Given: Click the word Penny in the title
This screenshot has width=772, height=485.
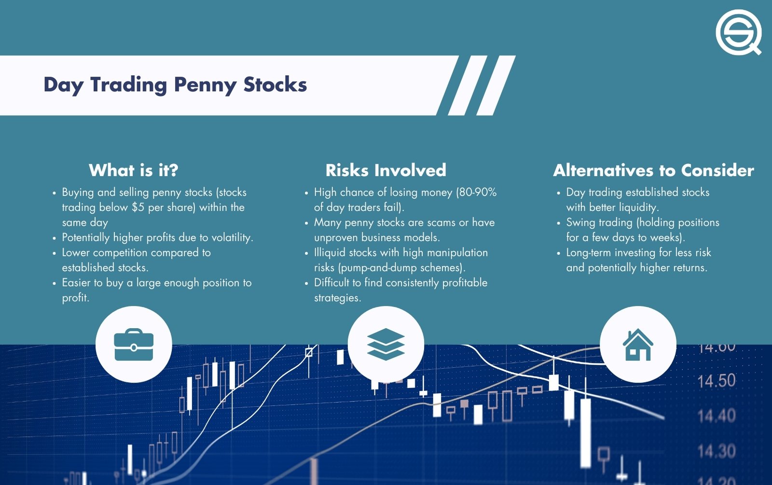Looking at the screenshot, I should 205,85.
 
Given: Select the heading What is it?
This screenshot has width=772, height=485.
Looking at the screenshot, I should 134,170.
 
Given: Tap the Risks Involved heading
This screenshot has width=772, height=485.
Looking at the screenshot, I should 386,170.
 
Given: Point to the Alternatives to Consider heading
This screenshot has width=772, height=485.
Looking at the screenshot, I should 653,170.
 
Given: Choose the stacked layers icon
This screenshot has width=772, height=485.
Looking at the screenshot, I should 386,345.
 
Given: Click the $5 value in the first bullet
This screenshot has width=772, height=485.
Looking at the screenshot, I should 138,208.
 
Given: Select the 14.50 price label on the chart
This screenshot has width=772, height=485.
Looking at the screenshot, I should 717,381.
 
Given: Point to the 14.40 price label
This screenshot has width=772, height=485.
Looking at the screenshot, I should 717,416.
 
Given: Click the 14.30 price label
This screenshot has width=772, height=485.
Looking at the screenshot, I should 717,451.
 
